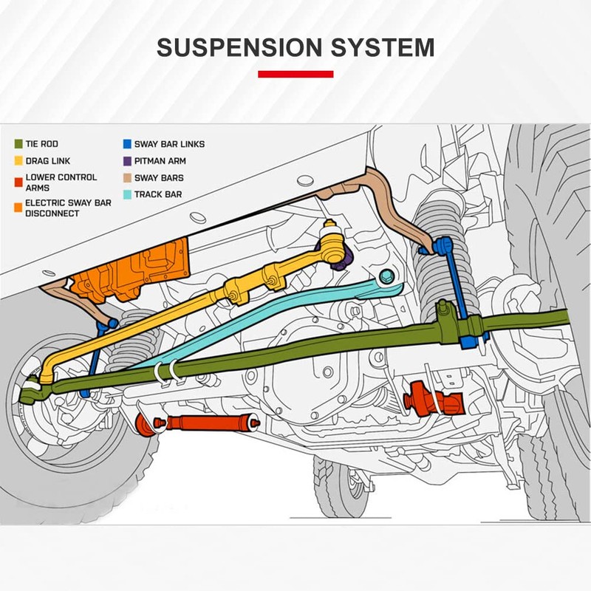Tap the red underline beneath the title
tap(295, 74)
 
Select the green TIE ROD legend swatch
tap(18, 144)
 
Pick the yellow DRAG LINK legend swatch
tap(18, 160)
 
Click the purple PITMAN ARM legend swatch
tap(127, 160)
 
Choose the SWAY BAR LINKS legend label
tap(169, 144)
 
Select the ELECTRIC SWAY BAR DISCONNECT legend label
tap(67, 208)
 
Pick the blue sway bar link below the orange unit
tap(95, 355)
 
